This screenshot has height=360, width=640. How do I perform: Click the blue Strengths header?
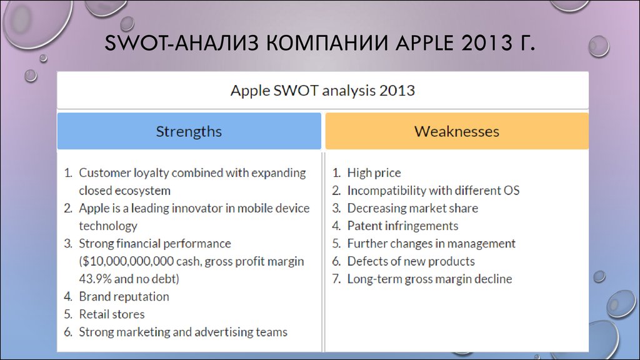coord(189,131)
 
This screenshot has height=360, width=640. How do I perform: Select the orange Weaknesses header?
coord(457,131)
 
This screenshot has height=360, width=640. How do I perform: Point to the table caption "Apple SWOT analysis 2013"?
coord(322,90)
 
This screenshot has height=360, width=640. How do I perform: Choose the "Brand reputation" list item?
coord(124,296)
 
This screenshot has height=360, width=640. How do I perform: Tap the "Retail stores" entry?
coord(111,314)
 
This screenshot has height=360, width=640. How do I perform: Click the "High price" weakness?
coord(374,172)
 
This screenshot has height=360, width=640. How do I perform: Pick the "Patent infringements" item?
coord(402,226)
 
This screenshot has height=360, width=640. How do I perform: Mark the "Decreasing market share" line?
coord(412,208)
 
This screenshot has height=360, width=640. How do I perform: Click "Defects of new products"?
coord(411,261)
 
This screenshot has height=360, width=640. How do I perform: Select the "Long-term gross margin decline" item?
coord(429,279)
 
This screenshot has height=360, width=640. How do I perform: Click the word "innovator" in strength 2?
coord(197,208)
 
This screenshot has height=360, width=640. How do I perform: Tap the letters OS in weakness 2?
coord(512,191)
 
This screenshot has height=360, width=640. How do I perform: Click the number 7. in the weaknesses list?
coord(336,279)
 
